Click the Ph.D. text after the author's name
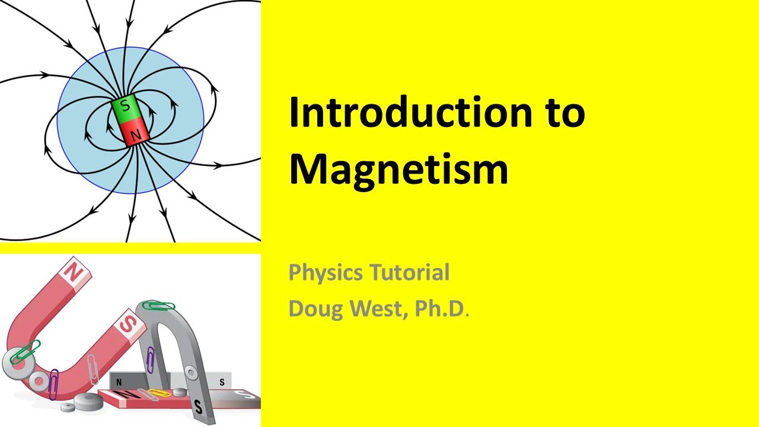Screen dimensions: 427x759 (x=439, y=308)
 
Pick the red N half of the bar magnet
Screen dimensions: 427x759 (x=135, y=132)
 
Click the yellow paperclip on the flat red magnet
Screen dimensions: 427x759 (x=159, y=393)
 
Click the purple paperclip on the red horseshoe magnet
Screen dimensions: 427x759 (x=54, y=383)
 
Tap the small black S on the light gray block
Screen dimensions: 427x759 (x=222, y=383)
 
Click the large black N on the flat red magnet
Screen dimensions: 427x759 (x=127, y=393)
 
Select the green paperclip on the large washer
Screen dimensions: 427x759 (x=25, y=351)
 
